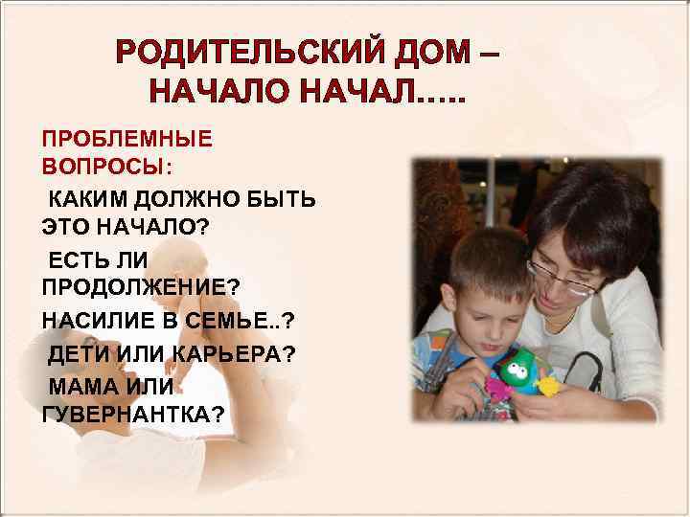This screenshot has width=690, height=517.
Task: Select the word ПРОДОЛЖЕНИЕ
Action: (x=140, y=286)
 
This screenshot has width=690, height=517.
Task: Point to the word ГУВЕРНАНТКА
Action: (x=134, y=414)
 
